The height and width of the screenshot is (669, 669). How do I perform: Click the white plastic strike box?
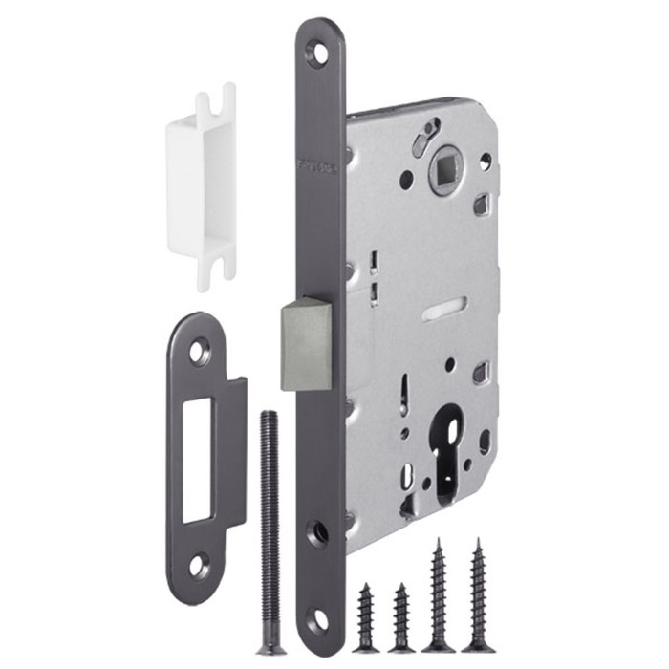click(202, 186)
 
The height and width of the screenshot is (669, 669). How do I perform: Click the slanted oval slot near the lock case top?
click(425, 140)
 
